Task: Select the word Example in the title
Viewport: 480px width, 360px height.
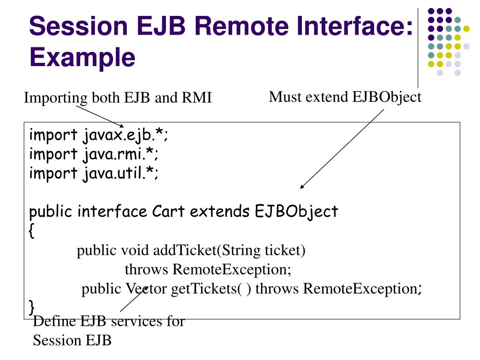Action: (82, 58)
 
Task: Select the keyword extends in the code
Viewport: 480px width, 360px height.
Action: (220, 212)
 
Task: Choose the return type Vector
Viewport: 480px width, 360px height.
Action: (146, 289)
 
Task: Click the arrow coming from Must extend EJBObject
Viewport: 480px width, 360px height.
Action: (342, 148)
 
